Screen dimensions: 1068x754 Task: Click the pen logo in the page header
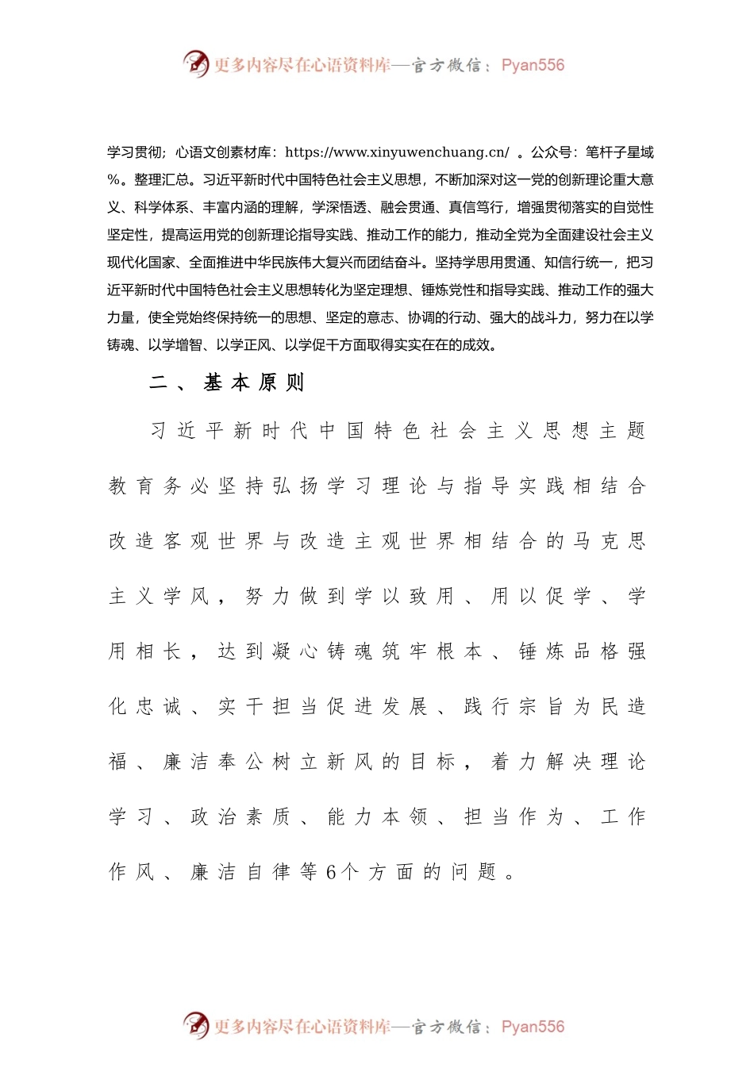(x=195, y=63)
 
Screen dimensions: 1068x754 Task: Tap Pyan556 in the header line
(x=533, y=65)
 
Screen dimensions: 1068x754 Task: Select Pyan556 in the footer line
(x=533, y=1027)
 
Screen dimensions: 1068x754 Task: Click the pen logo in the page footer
(x=195, y=1025)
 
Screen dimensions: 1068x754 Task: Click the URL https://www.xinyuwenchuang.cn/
(x=397, y=152)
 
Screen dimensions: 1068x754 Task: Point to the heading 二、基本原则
(x=227, y=383)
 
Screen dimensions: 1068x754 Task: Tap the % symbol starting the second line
(x=113, y=180)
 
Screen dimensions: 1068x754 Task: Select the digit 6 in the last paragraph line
(x=331, y=873)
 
